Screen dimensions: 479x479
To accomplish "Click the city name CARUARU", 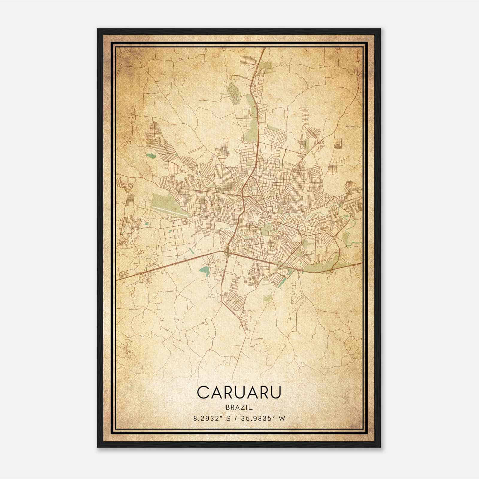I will (239, 392).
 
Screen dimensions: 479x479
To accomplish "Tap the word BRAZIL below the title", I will (239, 407).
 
